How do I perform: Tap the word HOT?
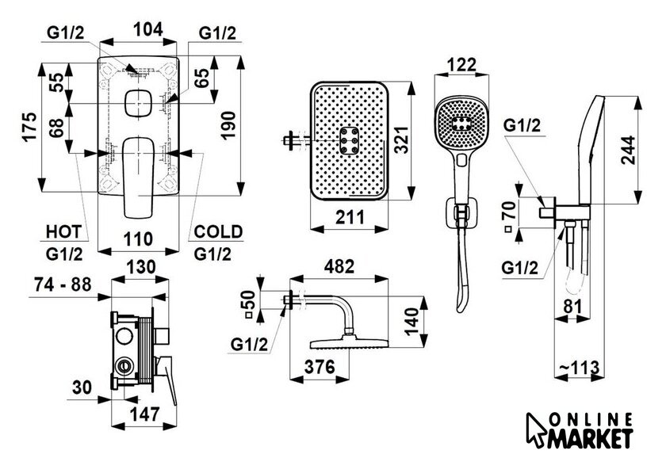point(64,231)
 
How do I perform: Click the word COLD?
point(219,231)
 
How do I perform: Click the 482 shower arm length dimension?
point(337,268)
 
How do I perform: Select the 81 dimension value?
point(572,306)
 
